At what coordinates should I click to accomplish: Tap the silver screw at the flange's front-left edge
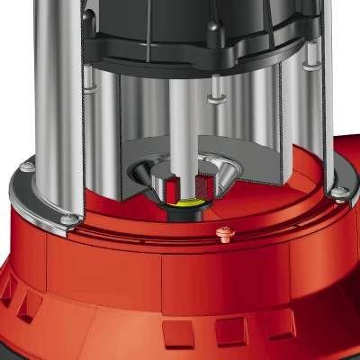71,219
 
